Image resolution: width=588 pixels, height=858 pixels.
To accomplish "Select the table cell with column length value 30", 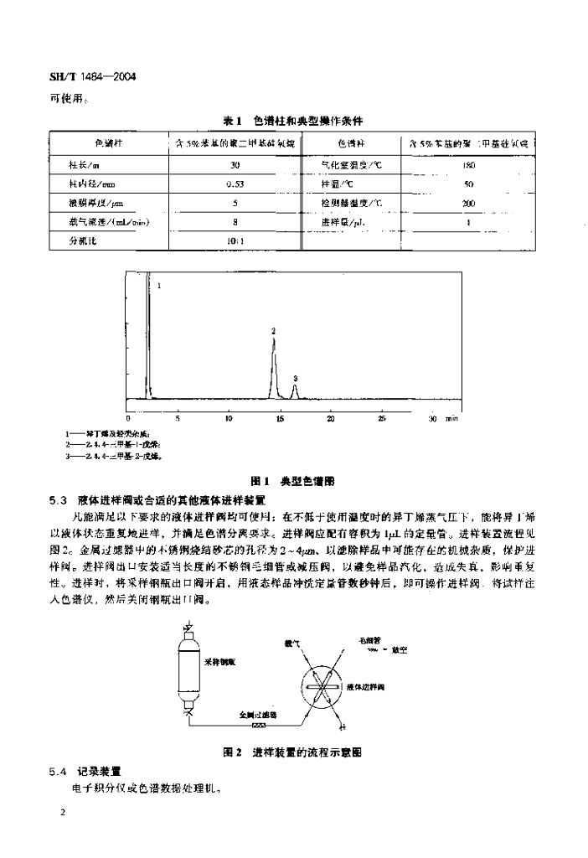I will click(235, 165).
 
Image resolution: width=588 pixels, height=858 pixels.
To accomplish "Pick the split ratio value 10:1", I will click(235, 241).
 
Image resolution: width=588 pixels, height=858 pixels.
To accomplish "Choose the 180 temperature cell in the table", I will click(469, 165).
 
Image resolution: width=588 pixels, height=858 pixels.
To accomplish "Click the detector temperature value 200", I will click(469, 204).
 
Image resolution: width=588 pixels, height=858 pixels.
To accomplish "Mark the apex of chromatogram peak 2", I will click(273, 338).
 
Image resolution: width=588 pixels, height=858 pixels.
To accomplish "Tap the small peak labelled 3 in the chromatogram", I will click(295, 385).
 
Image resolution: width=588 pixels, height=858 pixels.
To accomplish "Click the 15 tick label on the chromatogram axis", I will click(279, 416).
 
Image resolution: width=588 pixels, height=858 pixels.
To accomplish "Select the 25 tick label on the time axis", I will click(381, 416).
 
